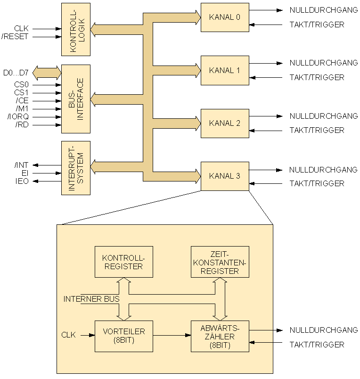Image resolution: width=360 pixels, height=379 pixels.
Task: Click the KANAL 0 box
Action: [225, 17]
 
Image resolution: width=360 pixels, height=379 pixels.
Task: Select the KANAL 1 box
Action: [225, 70]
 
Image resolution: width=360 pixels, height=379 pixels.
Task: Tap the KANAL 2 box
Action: [225, 123]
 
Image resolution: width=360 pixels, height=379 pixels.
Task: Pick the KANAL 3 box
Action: [225, 176]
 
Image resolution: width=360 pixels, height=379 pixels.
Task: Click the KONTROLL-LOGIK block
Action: [75, 29]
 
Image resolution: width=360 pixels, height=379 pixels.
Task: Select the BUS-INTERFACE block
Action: [75, 99]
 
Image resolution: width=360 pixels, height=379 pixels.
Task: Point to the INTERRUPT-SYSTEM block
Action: [75, 167]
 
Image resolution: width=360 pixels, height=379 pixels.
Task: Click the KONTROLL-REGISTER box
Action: [123, 262]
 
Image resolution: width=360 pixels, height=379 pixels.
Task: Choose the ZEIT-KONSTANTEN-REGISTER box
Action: [220, 262]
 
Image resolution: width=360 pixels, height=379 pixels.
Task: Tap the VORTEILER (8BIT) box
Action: [123, 336]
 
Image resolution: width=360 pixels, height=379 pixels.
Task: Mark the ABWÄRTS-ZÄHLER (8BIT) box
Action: [220, 336]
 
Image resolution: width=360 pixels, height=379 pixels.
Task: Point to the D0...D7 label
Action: [16, 73]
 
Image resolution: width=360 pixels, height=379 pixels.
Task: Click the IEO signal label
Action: [22, 181]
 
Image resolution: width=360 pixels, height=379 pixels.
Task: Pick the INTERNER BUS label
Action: [91, 299]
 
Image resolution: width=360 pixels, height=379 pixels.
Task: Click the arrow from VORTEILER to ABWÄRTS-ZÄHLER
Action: [172, 336]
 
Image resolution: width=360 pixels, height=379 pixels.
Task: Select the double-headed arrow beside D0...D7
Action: [47, 73]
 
